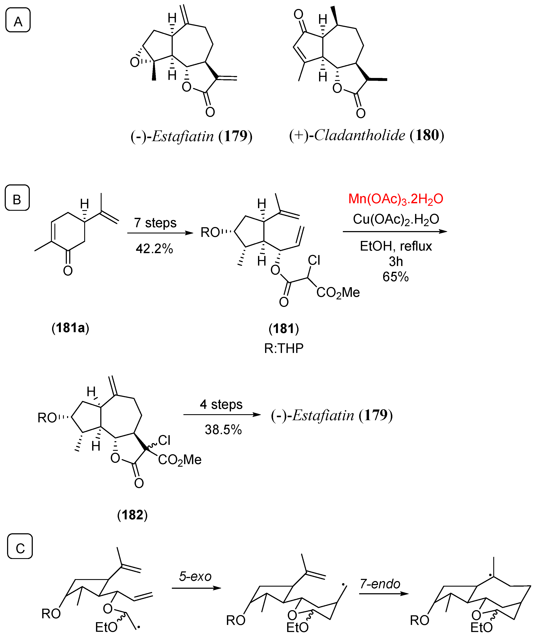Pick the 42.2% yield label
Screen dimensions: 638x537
[154, 249]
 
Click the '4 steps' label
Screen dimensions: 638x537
[221, 404]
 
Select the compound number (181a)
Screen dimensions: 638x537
[70, 328]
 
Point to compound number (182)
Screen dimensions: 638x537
[132, 515]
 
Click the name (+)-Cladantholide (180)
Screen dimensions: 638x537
[366, 135]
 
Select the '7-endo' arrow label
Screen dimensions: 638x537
[380, 584]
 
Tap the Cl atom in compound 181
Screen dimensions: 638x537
[314, 260]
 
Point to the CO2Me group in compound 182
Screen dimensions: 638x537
[180, 460]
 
